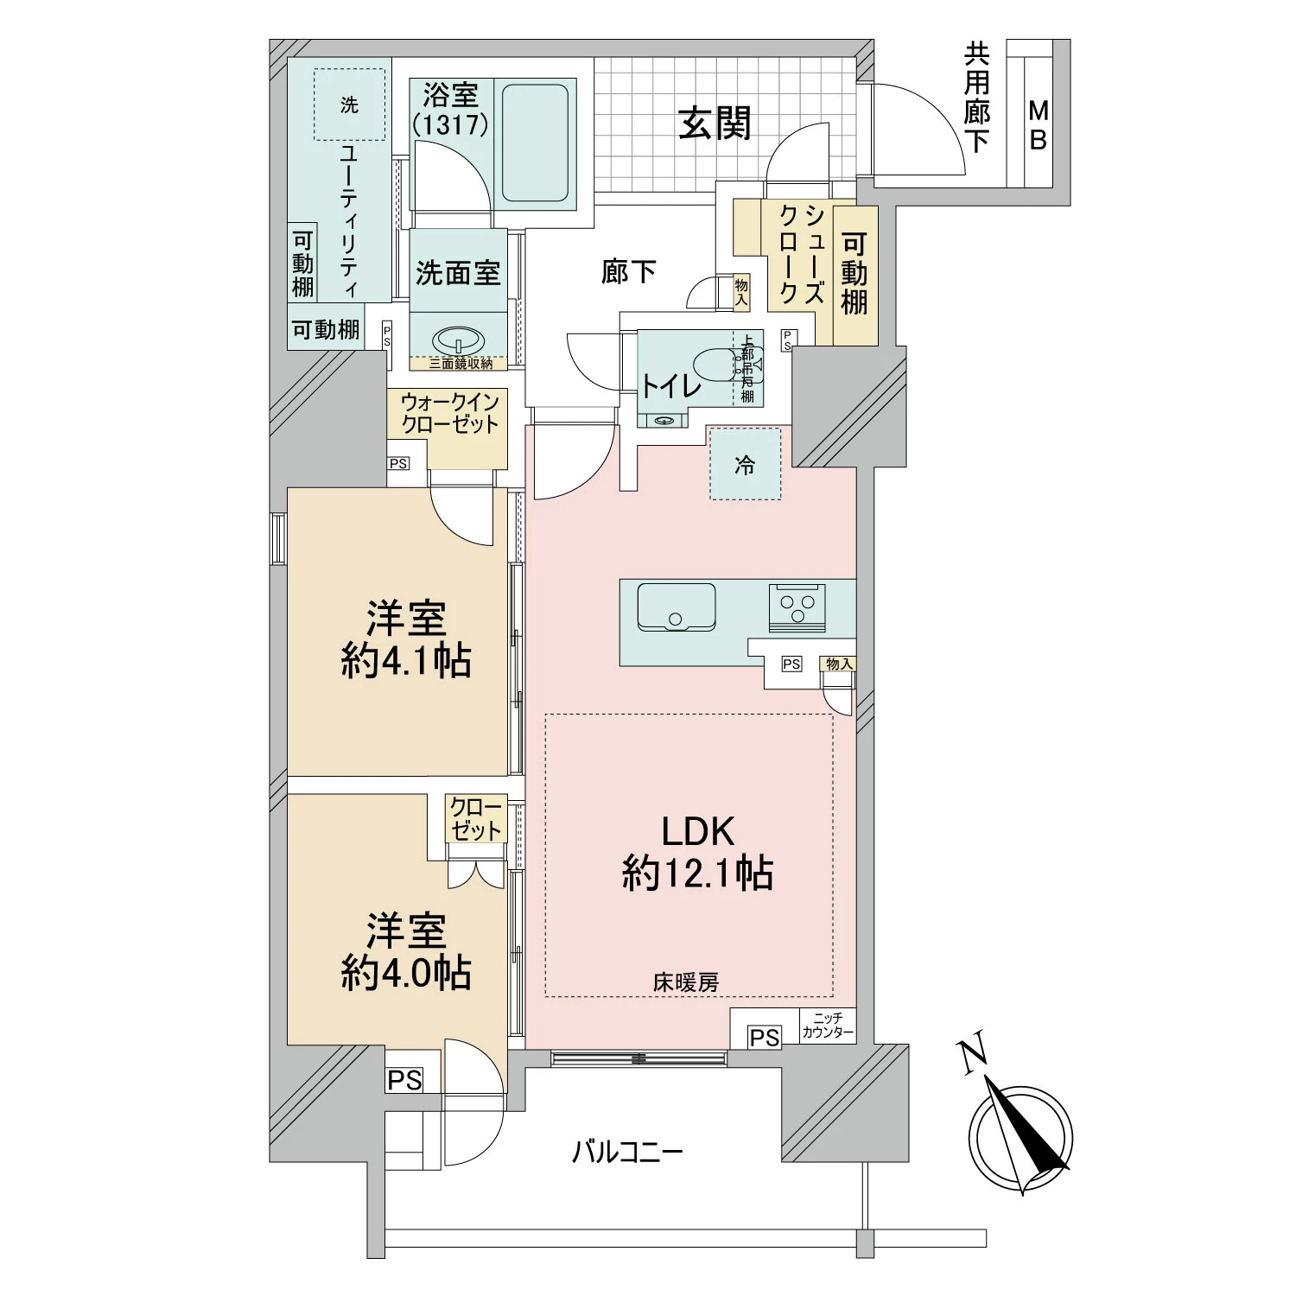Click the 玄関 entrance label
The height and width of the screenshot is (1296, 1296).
(x=714, y=124)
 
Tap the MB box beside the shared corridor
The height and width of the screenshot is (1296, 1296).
(x=1038, y=125)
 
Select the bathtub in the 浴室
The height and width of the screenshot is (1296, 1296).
(x=535, y=142)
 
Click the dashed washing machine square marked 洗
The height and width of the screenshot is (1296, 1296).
(x=349, y=105)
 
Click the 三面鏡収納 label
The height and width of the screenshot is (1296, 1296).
(x=461, y=364)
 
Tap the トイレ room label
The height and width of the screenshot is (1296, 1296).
(x=670, y=386)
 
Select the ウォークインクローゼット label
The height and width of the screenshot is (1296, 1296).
(x=449, y=413)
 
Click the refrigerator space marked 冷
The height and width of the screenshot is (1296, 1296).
(x=745, y=465)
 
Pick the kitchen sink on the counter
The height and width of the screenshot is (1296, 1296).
(x=676, y=607)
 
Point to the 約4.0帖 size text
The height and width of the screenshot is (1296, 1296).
(x=405, y=974)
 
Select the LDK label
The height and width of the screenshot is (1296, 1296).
(x=697, y=831)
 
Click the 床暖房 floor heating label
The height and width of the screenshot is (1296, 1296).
(x=685, y=982)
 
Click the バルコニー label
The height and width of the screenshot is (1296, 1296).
(x=627, y=1152)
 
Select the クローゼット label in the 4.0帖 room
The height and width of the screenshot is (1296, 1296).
(x=476, y=820)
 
